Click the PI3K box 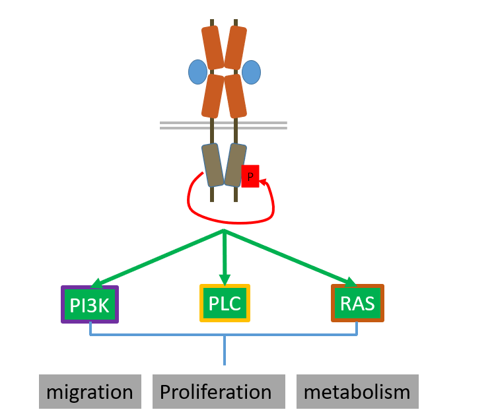point(90,304)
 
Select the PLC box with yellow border point(225,303)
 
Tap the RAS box point(357,303)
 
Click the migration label point(90,392)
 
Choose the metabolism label point(357,392)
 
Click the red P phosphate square point(250,176)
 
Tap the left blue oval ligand point(197,72)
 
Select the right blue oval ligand point(251,72)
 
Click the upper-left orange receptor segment point(213,48)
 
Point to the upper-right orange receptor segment point(236,48)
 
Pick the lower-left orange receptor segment point(213,96)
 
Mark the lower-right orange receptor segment point(235,96)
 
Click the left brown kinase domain point(211,164)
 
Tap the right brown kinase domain point(235,164)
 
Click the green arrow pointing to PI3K point(159,258)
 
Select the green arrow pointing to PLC point(225,258)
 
